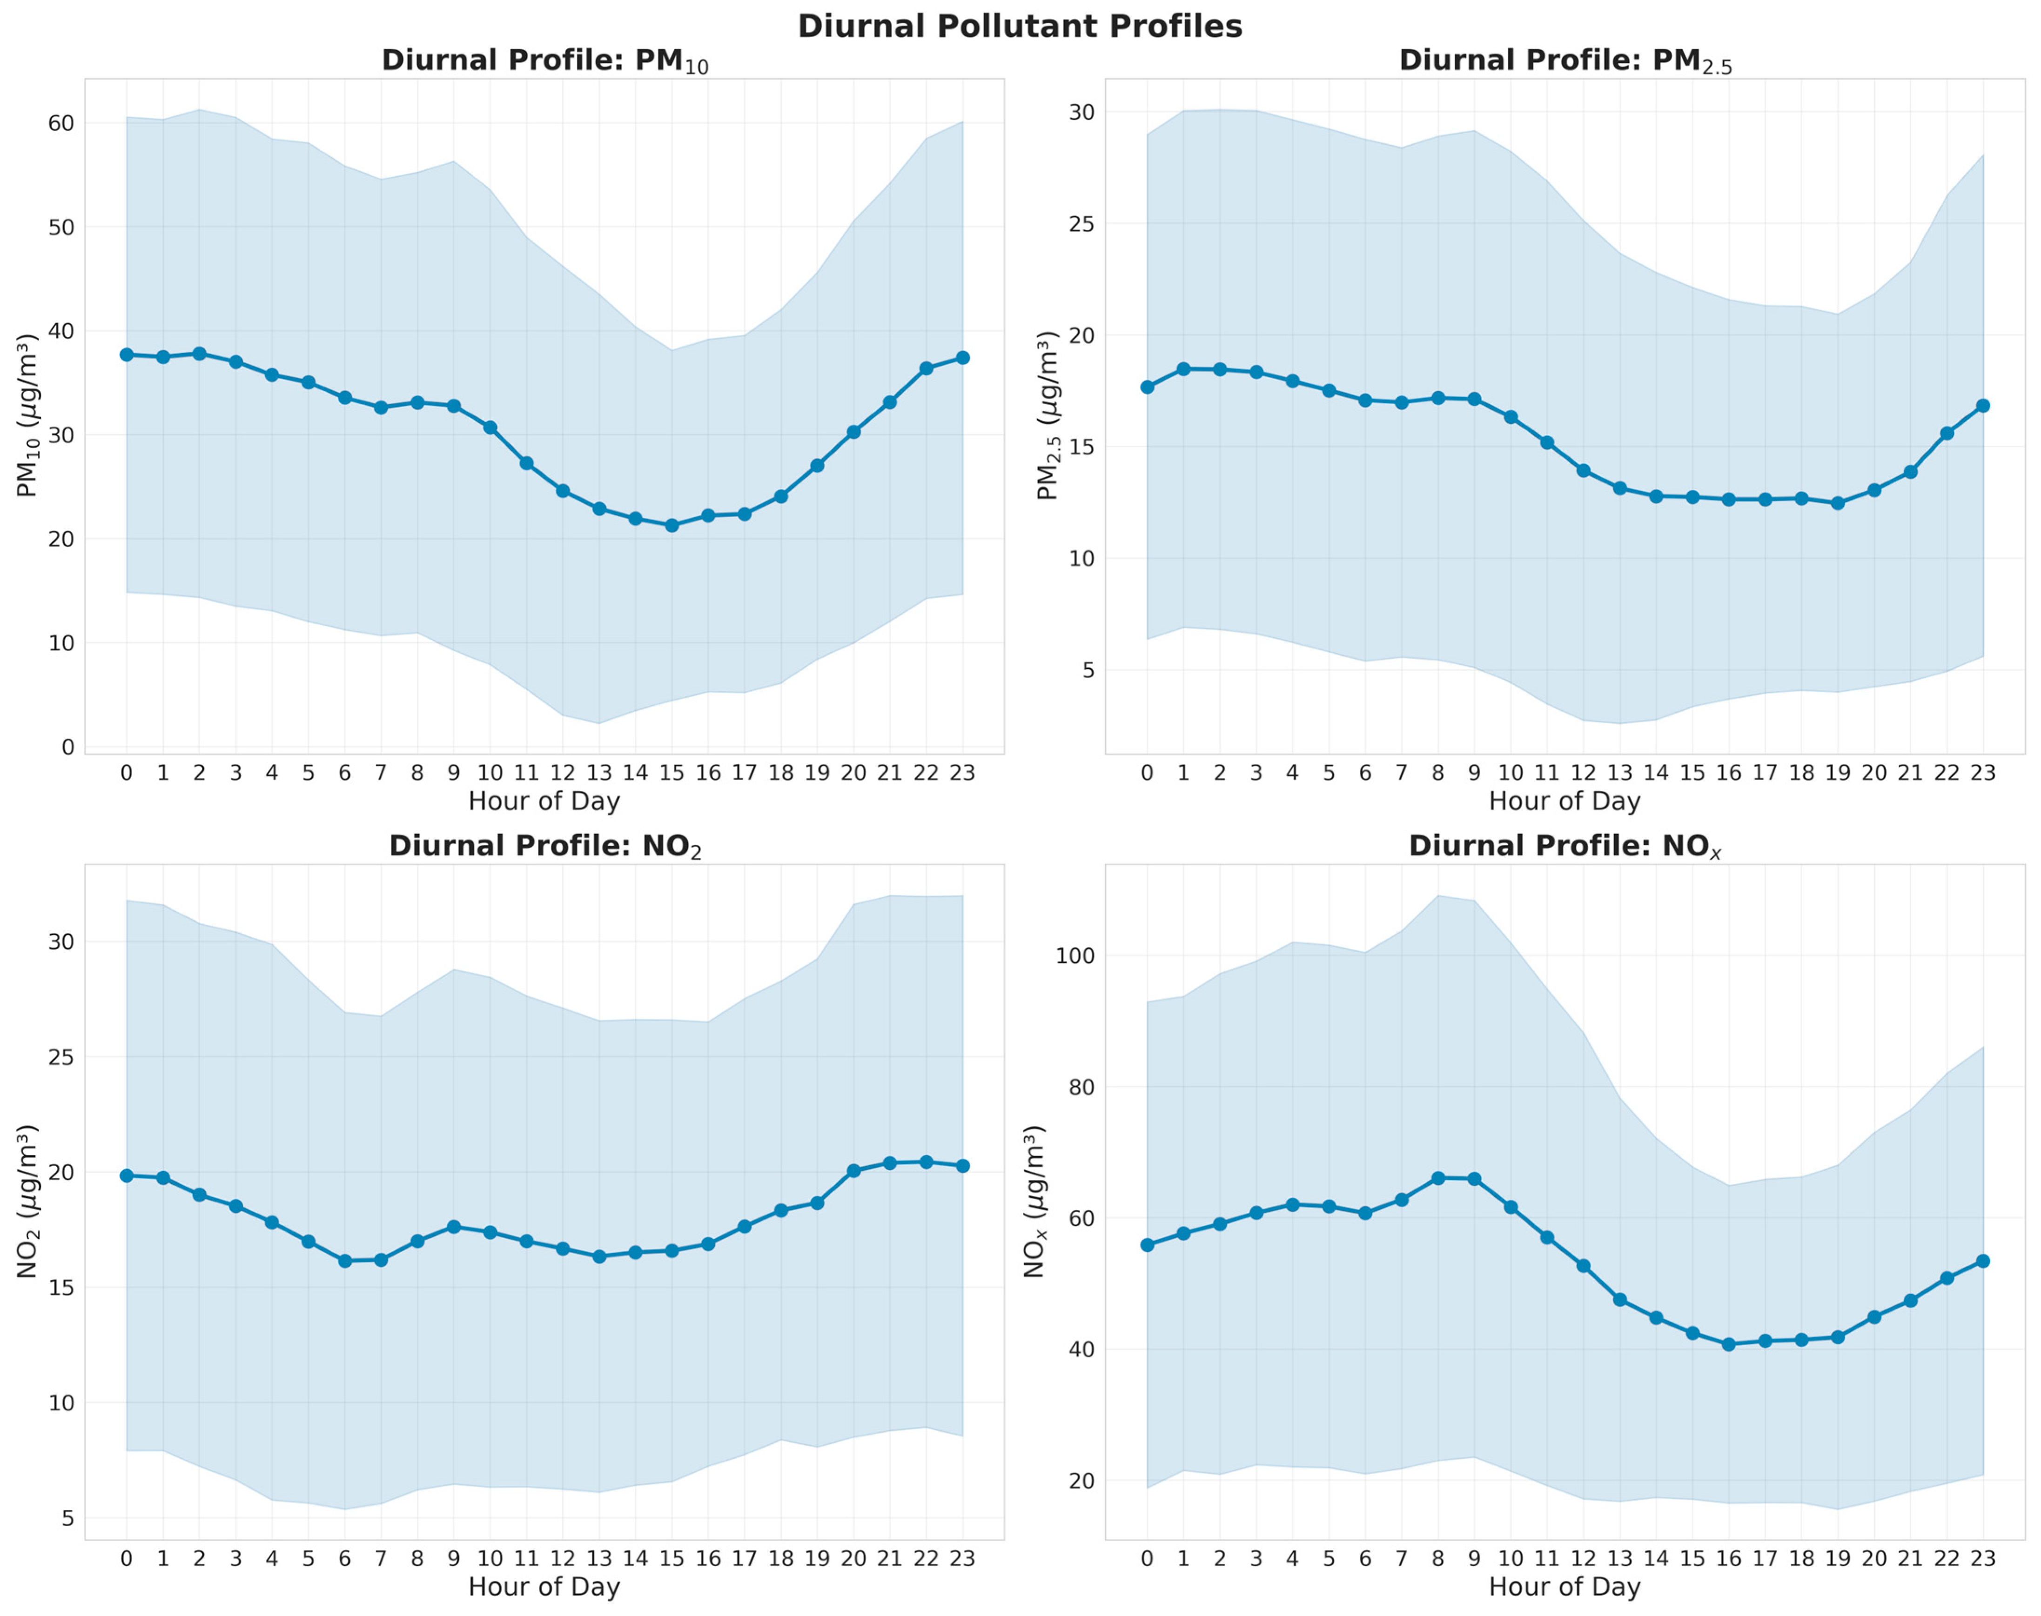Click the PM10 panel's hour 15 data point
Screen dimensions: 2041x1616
click(672, 525)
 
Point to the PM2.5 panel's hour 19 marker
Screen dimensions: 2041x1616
click(1838, 503)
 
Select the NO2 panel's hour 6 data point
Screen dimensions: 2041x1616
click(344, 1261)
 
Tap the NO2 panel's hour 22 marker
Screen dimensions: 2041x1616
click(927, 1162)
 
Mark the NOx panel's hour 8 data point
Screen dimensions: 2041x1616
click(1438, 1178)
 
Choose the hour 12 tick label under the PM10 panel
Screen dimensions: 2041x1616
click(563, 773)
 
